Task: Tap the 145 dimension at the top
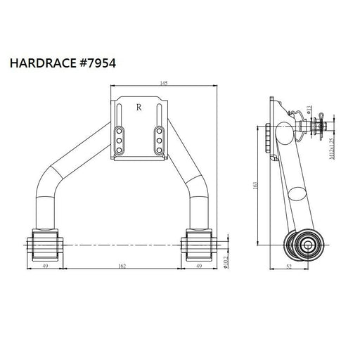tap(163, 84)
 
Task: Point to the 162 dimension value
tap(122, 267)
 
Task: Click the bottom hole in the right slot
tap(160, 151)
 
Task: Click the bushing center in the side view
tap(307, 245)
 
